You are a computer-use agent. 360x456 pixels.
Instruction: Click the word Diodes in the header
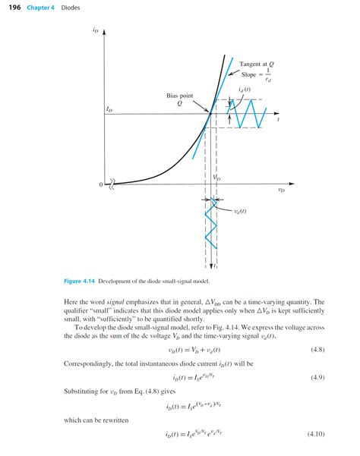tap(73, 8)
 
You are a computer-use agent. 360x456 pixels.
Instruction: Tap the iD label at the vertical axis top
tap(94, 32)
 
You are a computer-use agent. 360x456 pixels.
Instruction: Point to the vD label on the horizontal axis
tap(281, 190)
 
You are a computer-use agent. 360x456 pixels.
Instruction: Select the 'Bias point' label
tap(180, 96)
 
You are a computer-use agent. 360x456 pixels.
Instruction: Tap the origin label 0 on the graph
tap(100, 184)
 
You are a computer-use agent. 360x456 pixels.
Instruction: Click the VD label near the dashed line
tap(216, 178)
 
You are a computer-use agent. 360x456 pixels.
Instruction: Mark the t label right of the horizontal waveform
tap(278, 119)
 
